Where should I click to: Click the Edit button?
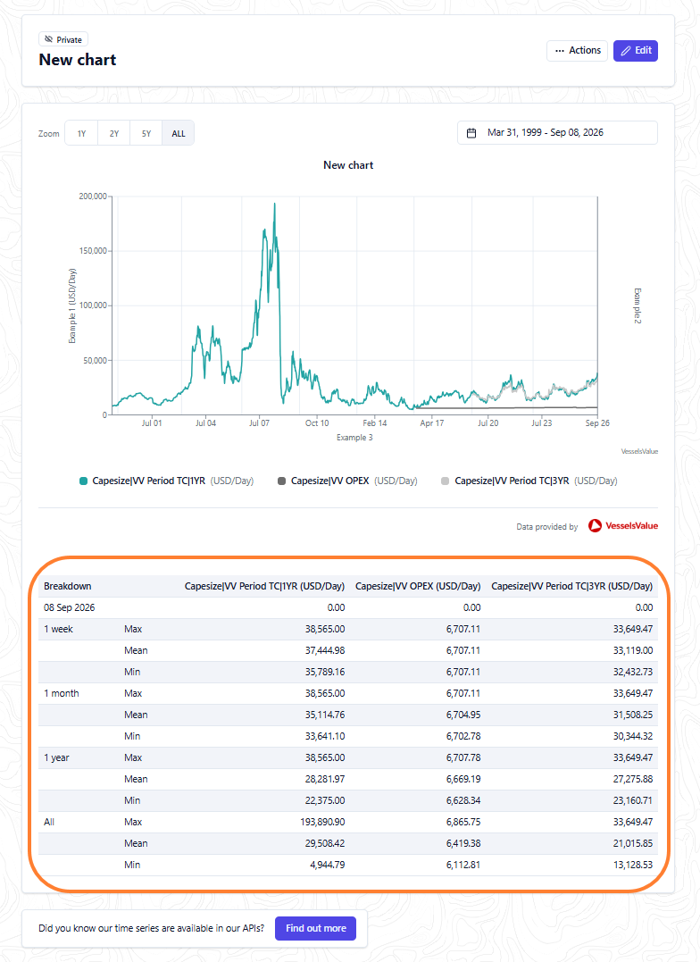coord(636,50)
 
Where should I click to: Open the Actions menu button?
coord(578,50)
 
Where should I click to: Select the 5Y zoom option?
coord(146,133)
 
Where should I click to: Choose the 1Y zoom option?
coord(81,133)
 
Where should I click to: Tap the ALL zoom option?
coord(179,133)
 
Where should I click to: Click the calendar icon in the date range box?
coord(471,133)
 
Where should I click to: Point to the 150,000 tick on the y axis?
coord(93,251)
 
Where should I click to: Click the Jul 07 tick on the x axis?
coord(259,422)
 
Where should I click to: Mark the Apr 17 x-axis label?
coord(432,422)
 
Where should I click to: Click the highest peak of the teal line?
coord(274,204)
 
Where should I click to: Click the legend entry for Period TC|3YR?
coord(529,481)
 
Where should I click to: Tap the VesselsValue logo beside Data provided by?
coord(622,526)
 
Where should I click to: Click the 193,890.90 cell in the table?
coord(322,822)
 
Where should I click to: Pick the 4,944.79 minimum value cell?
coord(329,865)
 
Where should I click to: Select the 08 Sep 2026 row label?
coord(70,607)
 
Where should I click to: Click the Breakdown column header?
coord(68,586)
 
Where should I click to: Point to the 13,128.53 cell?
coord(632,865)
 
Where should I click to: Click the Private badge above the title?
coord(63,39)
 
